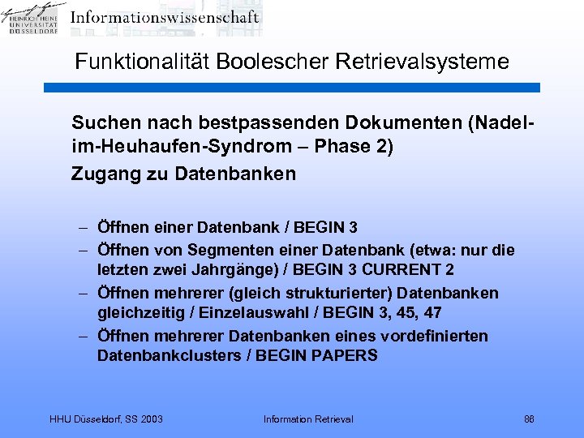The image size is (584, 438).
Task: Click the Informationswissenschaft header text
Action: [x=164, y=17]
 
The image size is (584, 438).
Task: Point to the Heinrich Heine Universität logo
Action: [x=33, y=19]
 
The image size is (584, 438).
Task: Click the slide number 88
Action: [x=529, y=419]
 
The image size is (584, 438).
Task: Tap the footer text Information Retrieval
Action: [x=308, y=419]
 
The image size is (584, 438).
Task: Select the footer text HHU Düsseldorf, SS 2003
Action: [x=106, y=419]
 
